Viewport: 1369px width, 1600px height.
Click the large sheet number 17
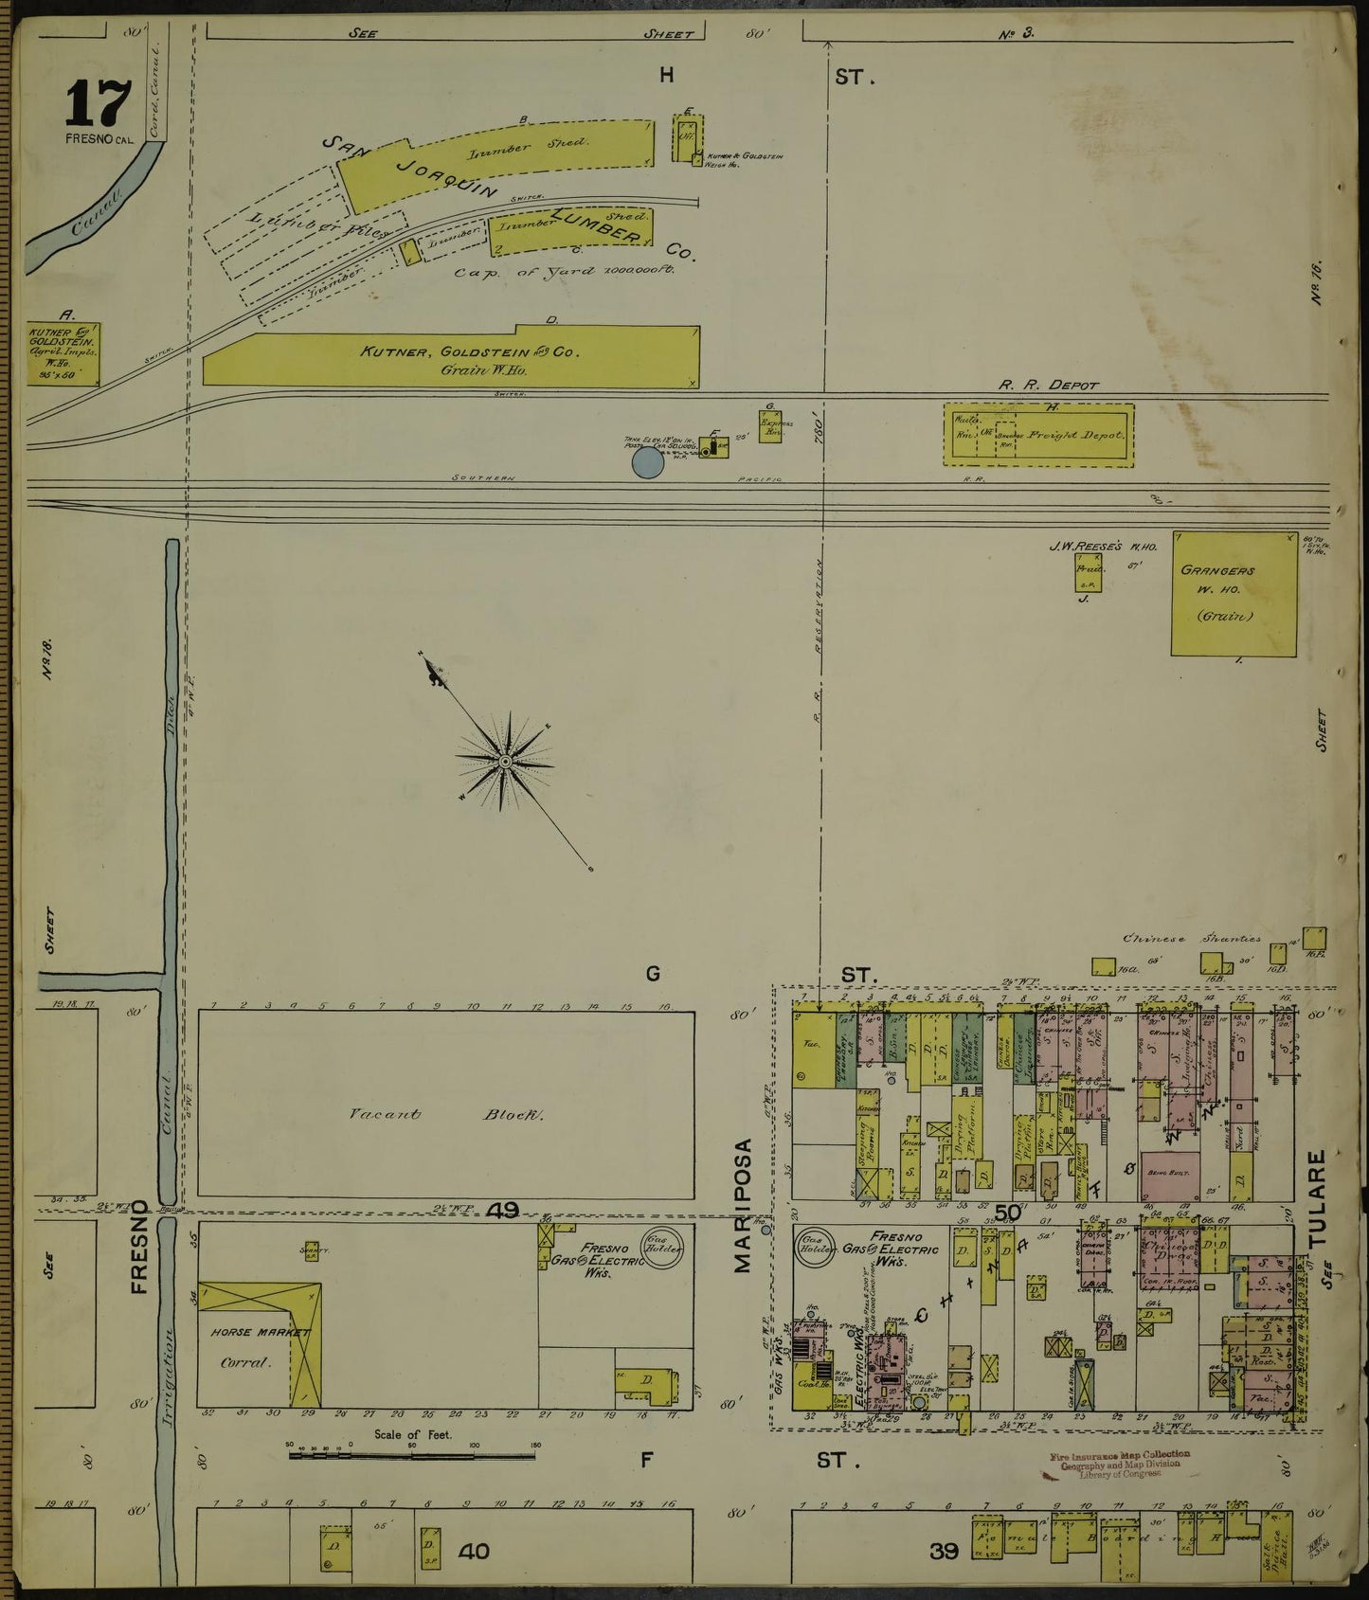coord(97,104)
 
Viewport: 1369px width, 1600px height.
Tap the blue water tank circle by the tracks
coord(648,462)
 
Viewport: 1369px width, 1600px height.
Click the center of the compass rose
coord(506,761)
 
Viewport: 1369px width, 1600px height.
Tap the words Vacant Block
coord(445,1115)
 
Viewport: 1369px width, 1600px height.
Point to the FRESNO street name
coord(142,1247)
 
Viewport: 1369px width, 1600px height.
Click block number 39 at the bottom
coord(945,1552)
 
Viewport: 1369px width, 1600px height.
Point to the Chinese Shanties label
coord(1191,939)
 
